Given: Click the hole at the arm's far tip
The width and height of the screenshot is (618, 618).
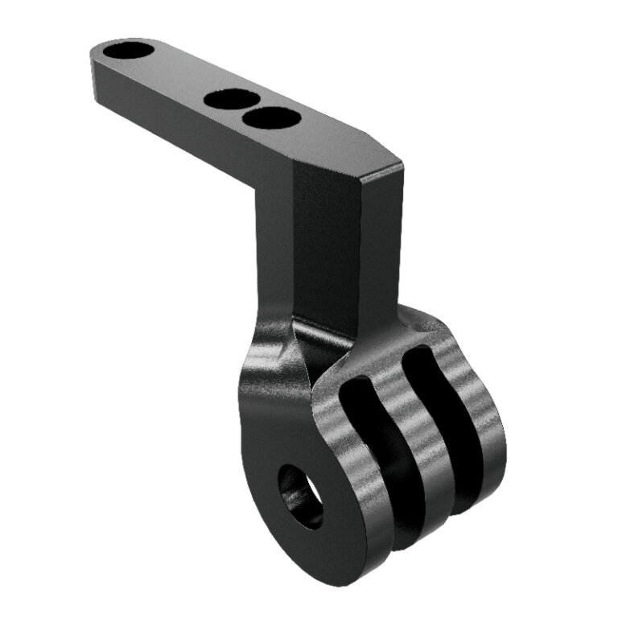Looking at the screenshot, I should [128, 51].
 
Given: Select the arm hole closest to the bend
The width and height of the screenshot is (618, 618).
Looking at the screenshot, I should [271, 118].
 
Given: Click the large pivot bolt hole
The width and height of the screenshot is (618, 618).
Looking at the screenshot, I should [301, 496].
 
